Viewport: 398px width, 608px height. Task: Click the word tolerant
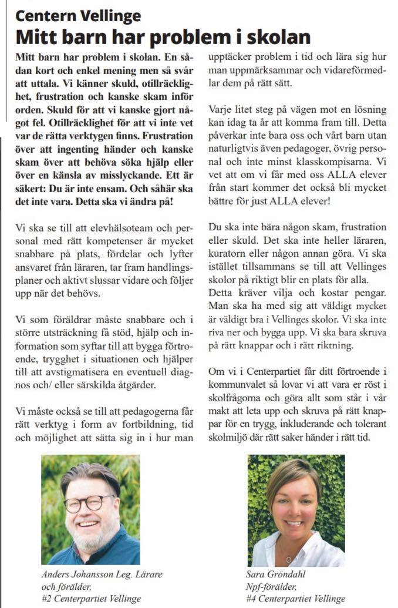click(x=370, y=425)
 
